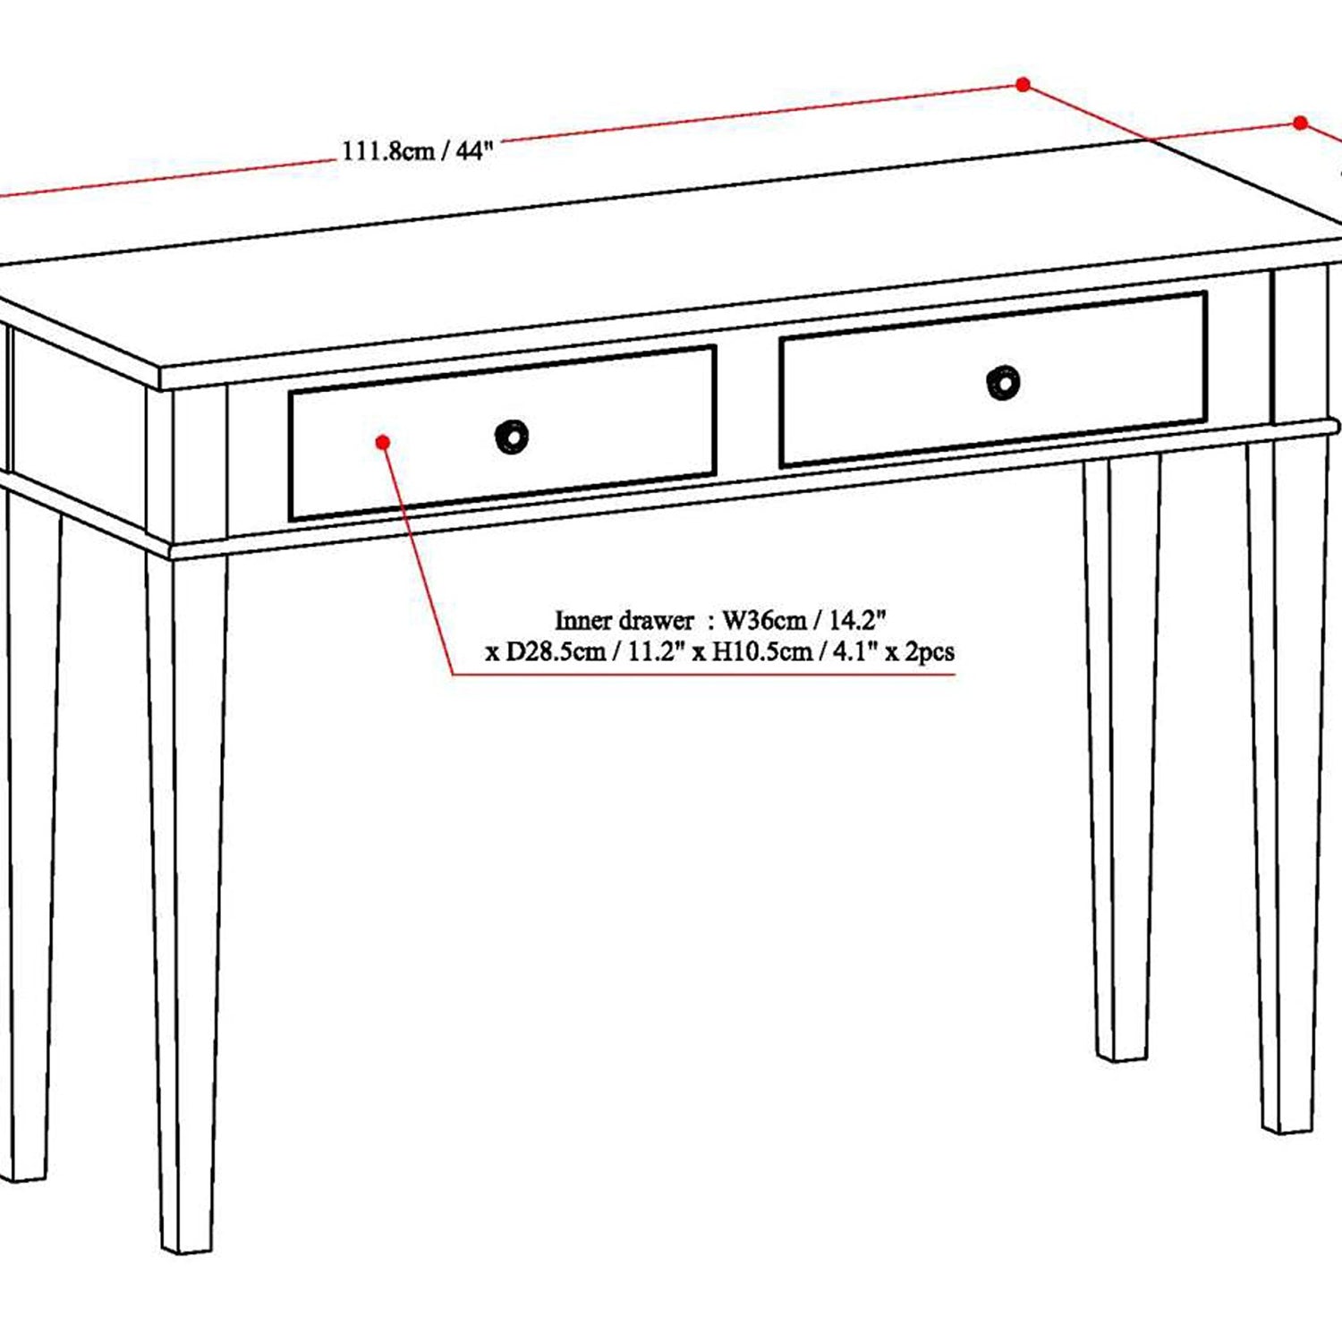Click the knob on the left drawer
point(512,437)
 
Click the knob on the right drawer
point(1003,382)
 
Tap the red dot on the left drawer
point(383,442)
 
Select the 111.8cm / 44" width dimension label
point(418,149)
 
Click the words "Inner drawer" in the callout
point(624,620)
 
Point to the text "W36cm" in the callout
point(764,620)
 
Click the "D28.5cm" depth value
point(556,651)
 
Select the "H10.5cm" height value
point(762,651)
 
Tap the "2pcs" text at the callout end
point(930,652)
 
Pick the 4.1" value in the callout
point(855,650)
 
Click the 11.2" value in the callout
point(656,650)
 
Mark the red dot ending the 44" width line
point(1023,84)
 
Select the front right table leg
point(1287,787)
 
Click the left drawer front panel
point(502,432)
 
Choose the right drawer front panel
point(994,378)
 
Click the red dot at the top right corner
point(1301,123)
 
